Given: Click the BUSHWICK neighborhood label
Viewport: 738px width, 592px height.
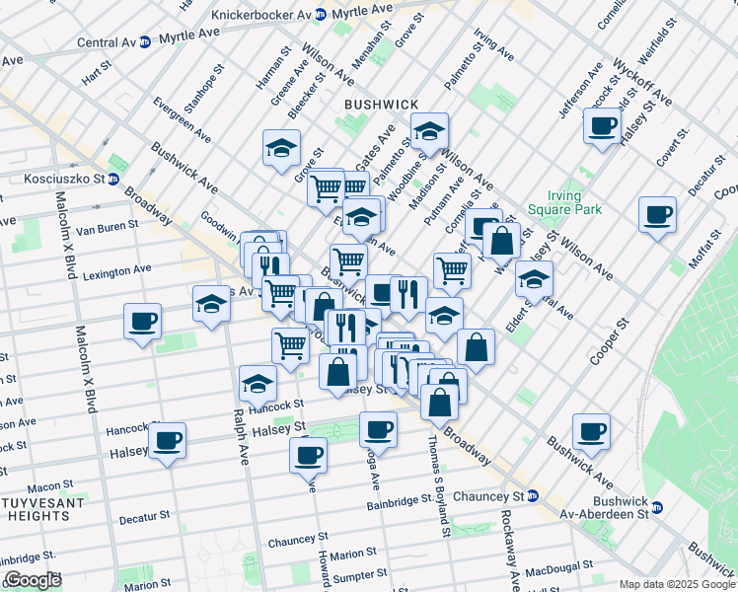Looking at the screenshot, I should pyautogui.click(x=382, y=104).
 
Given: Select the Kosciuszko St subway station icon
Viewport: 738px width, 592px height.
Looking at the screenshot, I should pyautogui.click(x=114, y=180).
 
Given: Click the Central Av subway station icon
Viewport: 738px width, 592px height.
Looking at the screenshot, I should pyautogui.click(x=144, y=42).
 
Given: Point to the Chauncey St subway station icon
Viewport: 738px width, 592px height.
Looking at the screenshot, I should pyautogui.click(x=533, y=495).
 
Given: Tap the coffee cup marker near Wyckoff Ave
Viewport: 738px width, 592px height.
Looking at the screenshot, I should pyautogui.click(x=602, y=126).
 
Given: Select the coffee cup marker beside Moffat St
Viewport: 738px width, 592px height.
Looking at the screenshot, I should pyautogui.click(x=657, y=215).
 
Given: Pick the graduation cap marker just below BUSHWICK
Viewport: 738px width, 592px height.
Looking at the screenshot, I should pyautogui.click(x=429, y=130).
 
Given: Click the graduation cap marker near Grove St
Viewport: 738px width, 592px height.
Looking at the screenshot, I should pyautogui.click(x=281, y=149).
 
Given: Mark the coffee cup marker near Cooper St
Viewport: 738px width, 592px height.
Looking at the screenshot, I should pyautogui.click(x=591, y=431).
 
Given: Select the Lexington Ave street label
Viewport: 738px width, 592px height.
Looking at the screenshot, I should pyautogui.click(x=117, y=268).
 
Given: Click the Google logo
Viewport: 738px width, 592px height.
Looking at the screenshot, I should pyautogui.click(x=33, y=581).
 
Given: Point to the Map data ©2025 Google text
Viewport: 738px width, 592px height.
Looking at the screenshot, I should pyautogui.click(x=676, y=584).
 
